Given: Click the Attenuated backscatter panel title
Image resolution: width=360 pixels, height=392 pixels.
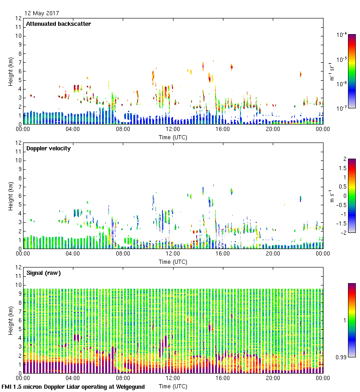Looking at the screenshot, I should (58, 24).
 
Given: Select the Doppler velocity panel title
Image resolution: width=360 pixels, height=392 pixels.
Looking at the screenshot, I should (48, 148).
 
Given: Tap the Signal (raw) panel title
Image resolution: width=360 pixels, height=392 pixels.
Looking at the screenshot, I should (43, 273).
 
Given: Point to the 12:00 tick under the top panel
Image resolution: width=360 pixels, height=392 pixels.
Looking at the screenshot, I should (173, 130).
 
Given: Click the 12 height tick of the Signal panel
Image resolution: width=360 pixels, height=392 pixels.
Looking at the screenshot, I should (18, 267).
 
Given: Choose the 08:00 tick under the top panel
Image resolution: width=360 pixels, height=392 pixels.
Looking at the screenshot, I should (123, 130).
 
